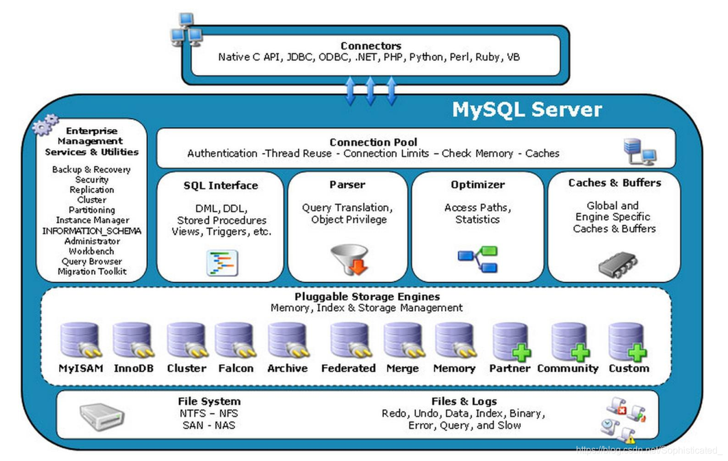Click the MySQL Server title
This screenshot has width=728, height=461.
(526, 110)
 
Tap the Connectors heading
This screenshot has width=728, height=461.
(371, 45)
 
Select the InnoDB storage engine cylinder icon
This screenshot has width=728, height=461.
(133, 341)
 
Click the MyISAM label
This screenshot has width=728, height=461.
(81, 368)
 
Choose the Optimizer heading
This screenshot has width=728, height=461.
(478, 185)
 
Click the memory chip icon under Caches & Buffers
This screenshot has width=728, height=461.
(618, 265)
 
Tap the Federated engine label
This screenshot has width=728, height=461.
(348, 368)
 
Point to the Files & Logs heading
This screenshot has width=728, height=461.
(464, 402)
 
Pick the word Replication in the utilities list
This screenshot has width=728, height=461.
(92, 190)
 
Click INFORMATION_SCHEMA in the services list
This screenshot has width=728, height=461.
(92, 231)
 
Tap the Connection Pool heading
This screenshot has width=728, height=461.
(373, 142)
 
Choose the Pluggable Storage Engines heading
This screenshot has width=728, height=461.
(367, 297)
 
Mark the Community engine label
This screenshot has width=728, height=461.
(568, 368)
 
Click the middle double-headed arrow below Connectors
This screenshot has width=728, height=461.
(370, 91)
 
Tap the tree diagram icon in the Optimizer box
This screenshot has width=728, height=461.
(478, 260)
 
